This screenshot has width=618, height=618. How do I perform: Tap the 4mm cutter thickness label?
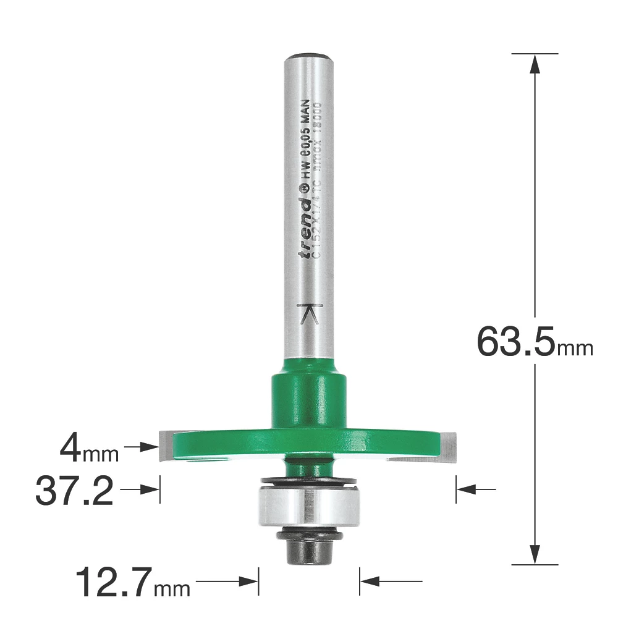click(88, 451)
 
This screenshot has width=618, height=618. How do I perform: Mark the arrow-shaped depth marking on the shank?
click(308, 315)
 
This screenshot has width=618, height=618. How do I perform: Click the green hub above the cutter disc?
click(308, 398)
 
